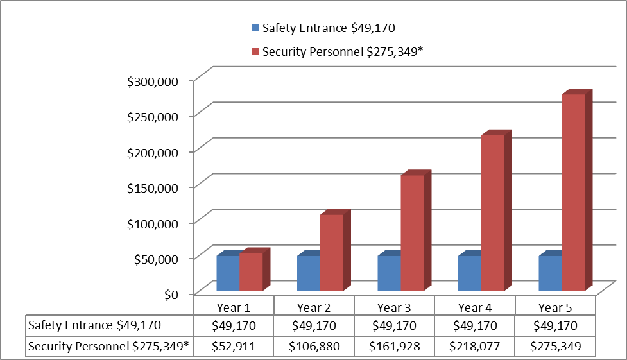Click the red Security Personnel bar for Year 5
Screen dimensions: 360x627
573,193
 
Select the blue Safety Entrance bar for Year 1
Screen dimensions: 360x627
228,273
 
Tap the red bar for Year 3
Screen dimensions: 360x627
412,233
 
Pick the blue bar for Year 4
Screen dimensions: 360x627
469,273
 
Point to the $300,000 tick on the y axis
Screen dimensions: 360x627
160,81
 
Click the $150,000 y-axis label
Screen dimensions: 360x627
160,187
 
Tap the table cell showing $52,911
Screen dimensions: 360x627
234,347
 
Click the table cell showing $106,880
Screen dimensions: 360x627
314,347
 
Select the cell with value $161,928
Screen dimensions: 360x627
394,347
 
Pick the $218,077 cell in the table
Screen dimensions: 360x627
475,347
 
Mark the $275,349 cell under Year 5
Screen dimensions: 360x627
556,347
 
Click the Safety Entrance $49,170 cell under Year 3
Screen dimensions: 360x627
394,326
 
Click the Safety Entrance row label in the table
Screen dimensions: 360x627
94,326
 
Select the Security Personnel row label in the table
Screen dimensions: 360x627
108,347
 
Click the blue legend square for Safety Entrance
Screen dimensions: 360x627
255,28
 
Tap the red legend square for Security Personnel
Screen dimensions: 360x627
255,53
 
